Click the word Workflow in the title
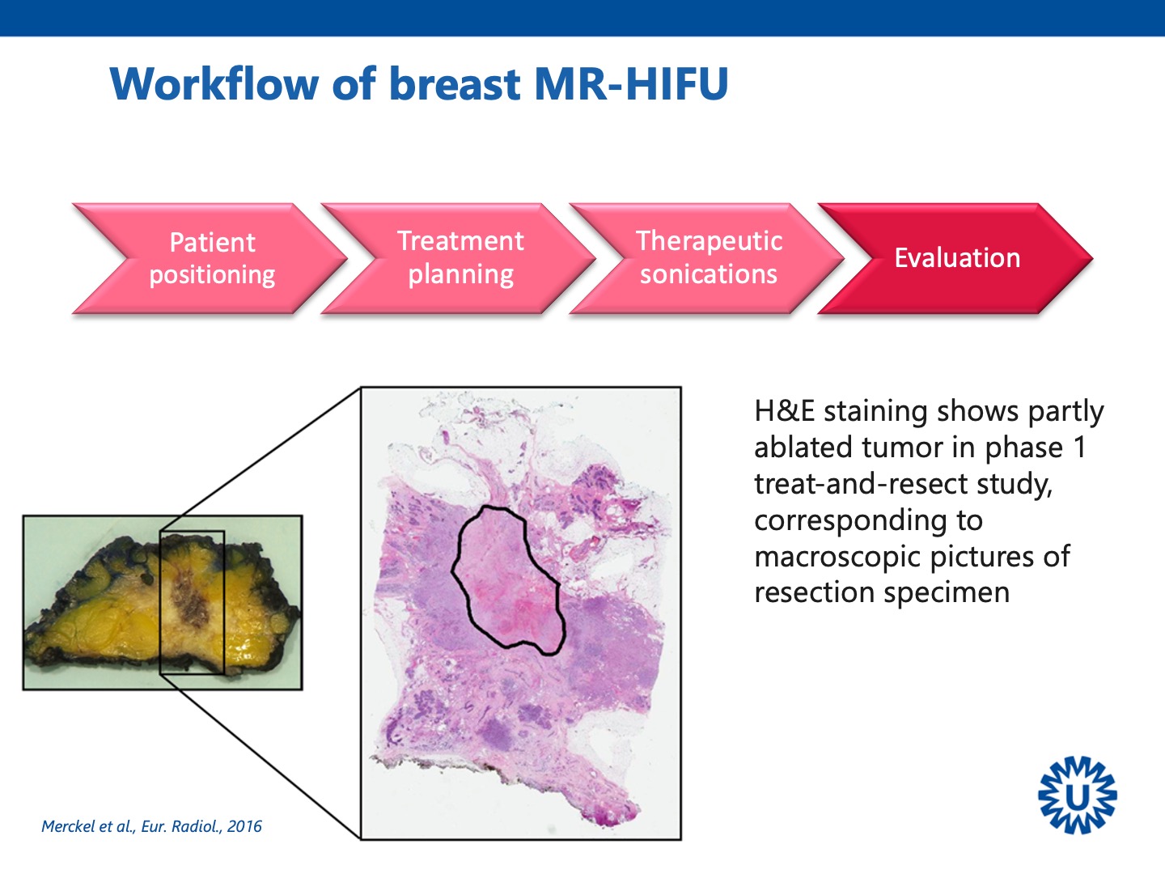(214, 84)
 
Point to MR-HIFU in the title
(631, 84)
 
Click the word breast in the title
(455, 84)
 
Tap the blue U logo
(1078, 795)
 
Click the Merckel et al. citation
(151, 826)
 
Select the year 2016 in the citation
(244, 826)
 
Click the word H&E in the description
(785, 411)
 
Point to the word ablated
(803, 448)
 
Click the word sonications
(709, 274)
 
